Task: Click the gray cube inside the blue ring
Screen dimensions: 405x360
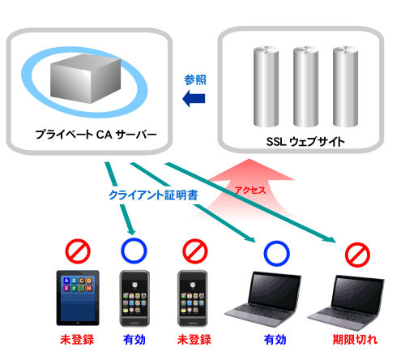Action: click(x=85, y=79)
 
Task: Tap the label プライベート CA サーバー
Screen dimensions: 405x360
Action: click(x=96, y=135)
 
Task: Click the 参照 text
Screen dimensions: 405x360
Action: click(x=195, y=80)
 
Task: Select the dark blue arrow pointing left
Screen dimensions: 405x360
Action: click(x=194, y=99)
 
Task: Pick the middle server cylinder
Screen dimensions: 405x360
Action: click(x=305, y=87)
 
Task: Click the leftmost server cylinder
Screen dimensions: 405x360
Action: click(x=266, y=87)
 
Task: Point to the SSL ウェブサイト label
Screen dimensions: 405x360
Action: click(x=305, y=142)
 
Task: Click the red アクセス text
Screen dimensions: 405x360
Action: click(x=250, y=191)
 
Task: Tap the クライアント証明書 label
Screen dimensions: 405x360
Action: click(x=153, y=195)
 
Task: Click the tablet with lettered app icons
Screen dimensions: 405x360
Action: click(x=78, y=298)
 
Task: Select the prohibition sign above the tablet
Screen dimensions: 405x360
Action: click(x=78, y=251)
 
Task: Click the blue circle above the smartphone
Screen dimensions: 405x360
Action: click(x=134, y=251)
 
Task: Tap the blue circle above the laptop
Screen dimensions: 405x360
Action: click(x=276, y=254)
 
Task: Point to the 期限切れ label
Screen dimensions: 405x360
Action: click(x=355, y=340)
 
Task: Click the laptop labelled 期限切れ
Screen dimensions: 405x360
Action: click(x=346, y=302)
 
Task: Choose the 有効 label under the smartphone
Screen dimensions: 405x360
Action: click(x=134, y=340)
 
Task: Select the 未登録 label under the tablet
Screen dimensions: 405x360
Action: click(x=77, y=340)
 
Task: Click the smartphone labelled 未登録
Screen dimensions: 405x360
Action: click(x=193, y=298)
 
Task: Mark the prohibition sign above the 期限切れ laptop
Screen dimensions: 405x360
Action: click(x=357, y=255)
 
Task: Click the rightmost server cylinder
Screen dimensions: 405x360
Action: click(x=345, y=87)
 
